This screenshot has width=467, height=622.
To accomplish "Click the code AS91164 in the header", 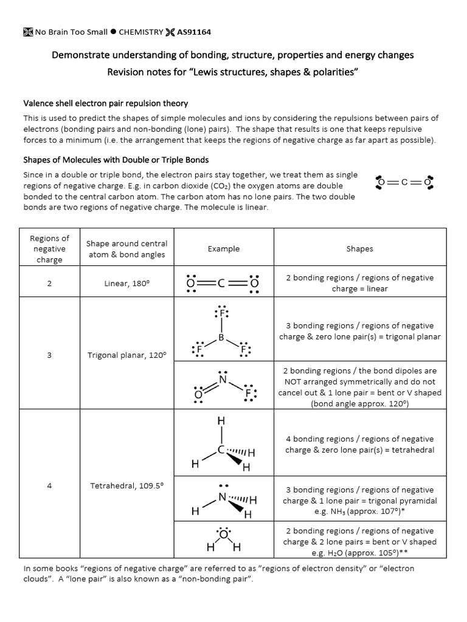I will (x=194, y=32).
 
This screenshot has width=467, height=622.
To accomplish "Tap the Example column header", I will (x=223, y=248).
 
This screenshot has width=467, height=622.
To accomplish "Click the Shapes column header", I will (x=359, y=248).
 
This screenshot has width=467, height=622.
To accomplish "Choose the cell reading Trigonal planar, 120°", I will (x=126, y=355).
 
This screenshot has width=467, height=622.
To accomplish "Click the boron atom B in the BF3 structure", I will (x=221, y=337).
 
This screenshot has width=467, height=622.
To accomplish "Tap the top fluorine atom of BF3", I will (x=222, y=313).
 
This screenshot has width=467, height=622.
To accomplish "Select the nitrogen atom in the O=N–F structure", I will (x=223, y=380).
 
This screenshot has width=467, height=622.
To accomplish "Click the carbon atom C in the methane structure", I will (x=222, y=450).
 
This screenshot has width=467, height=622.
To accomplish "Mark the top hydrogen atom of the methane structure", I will (x=221, y=421).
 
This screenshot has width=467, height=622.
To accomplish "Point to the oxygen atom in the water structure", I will (x=223, y=535).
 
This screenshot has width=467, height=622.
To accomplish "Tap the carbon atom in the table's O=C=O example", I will (x=222, y=283).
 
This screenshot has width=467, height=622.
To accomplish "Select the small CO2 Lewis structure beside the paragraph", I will (x=404, y=182).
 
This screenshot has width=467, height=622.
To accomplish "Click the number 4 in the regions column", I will (x=49, y=486).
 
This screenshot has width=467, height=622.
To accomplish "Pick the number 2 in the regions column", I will (x=49, y=284).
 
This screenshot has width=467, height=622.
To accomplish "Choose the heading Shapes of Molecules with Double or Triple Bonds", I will (x=116, y=160).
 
